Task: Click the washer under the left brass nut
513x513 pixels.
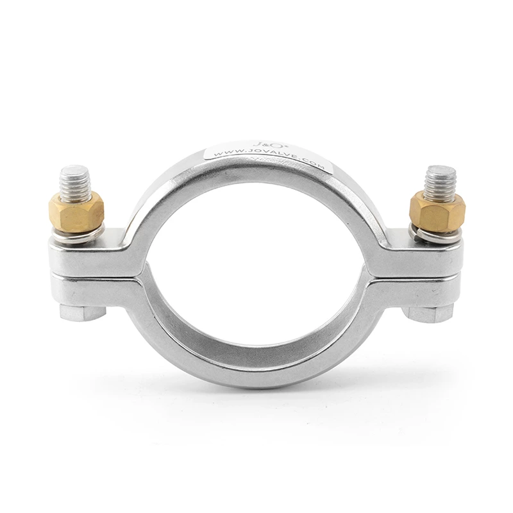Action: click(x=76, y=234)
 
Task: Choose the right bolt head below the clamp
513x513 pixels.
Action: click(x=431, y=314)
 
